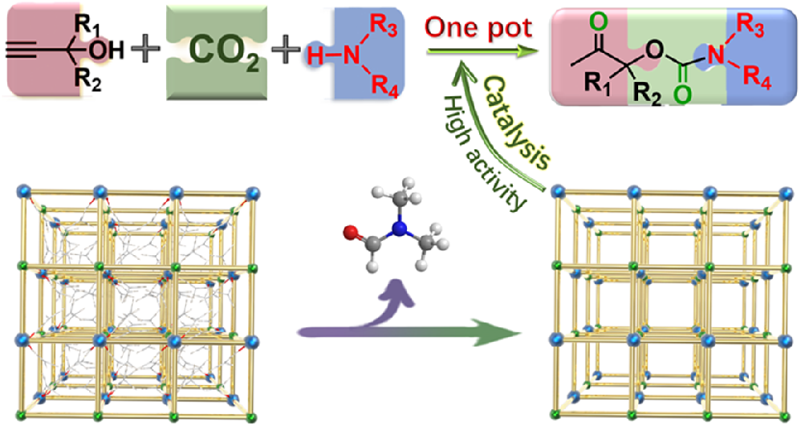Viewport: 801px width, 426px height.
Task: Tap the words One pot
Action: tap(478, 28)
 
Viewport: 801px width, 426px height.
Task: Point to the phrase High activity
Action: tap(482, 153)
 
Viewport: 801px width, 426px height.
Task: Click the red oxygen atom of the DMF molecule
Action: tap(350, 234)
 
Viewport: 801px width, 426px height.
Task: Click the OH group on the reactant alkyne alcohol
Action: tap(108, 50)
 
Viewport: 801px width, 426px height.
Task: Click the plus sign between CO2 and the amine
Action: tap(286, 51)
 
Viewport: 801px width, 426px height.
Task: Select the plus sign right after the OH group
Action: tap(145, 51)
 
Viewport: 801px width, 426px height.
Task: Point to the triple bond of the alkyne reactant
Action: tap(21, 51)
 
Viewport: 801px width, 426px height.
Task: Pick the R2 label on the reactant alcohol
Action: tap(87, 81)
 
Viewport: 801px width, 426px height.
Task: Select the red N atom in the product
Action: tap(718, 55)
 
